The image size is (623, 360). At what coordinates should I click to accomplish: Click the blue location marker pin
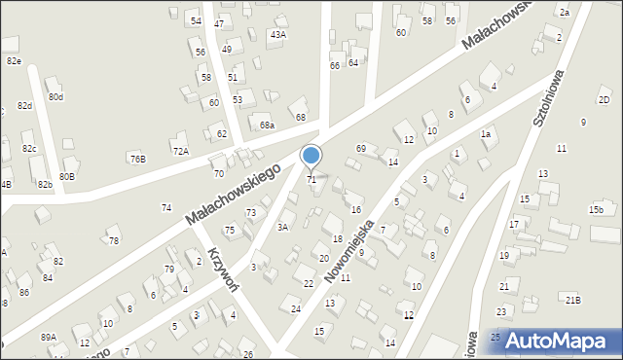pos(311,156)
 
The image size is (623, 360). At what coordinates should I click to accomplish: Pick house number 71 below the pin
pos(311,180)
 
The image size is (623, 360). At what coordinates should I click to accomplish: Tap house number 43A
pos(278,35)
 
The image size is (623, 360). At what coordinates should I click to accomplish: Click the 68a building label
pos(266,126)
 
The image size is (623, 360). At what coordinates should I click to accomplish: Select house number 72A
pos(180,151)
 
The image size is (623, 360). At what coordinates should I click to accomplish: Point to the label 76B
pos(137,159)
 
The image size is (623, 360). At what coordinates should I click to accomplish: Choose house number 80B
pos(66,177)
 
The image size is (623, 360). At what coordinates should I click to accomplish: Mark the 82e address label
pos(14,60)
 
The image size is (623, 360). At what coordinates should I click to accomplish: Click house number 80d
pos(55,97)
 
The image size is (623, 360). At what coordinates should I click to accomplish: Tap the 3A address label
pos(282,227)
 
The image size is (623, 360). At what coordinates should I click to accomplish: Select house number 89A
pos(48,337)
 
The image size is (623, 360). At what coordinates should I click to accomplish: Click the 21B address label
pos(573,300)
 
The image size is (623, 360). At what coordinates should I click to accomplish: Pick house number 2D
pos(604,100)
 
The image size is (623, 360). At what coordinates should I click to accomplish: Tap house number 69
pos(361,148)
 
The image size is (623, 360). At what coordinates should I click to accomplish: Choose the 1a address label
pos(484,133)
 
